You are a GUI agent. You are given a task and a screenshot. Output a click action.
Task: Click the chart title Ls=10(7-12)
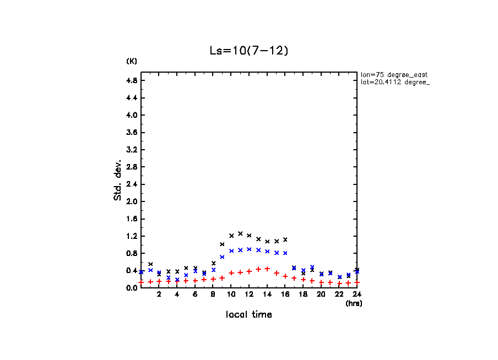(x=248, y=51)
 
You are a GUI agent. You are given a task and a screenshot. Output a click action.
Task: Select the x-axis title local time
(x=248, y=315)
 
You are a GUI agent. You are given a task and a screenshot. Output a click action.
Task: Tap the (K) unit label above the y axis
(x=132, y=61)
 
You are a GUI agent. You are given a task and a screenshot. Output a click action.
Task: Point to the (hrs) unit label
(x=354, y=303)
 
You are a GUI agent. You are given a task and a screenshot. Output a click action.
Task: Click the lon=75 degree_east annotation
(x=394, y=74)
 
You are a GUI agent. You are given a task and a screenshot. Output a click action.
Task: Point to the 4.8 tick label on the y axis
(x=132, y=80)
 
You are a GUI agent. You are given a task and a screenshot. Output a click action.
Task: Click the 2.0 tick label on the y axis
(x=132, y=201)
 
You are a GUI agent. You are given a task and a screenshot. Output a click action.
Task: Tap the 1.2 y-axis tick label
(x=132, y=236)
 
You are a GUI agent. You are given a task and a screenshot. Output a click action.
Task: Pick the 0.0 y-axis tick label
(x=132, y=288)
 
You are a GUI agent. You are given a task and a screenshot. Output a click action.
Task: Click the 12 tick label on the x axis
(x=249, y=294)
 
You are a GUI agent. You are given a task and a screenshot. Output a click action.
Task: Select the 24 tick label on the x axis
(x=357, y=294)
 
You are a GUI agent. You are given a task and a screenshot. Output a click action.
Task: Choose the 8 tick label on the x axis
(x=213, y=294)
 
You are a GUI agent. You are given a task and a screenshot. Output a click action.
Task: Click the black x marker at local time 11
(x=240, y=233)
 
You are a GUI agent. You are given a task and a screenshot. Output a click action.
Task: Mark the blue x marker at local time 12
(x=249, y=249)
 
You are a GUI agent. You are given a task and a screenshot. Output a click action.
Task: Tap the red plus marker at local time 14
(x=267, y=269)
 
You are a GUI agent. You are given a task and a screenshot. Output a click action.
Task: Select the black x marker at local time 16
(x=285, y=239)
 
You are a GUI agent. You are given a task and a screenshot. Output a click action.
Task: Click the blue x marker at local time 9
(x=222, y=257)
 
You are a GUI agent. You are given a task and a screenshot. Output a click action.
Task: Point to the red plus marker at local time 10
(x=231, y=273)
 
